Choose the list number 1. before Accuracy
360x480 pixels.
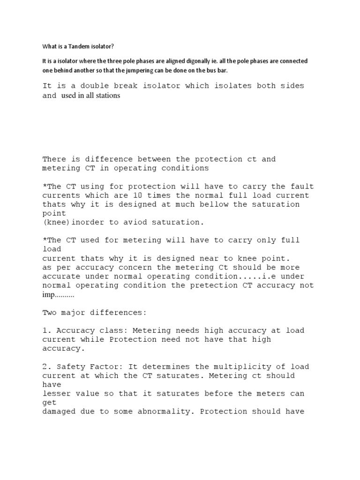pyautogui.click(x=47, y=330)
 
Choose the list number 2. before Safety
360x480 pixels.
pyautogui.click(x=47, y=367)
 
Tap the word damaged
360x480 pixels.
pyautogui.click(x=58, y=412)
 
